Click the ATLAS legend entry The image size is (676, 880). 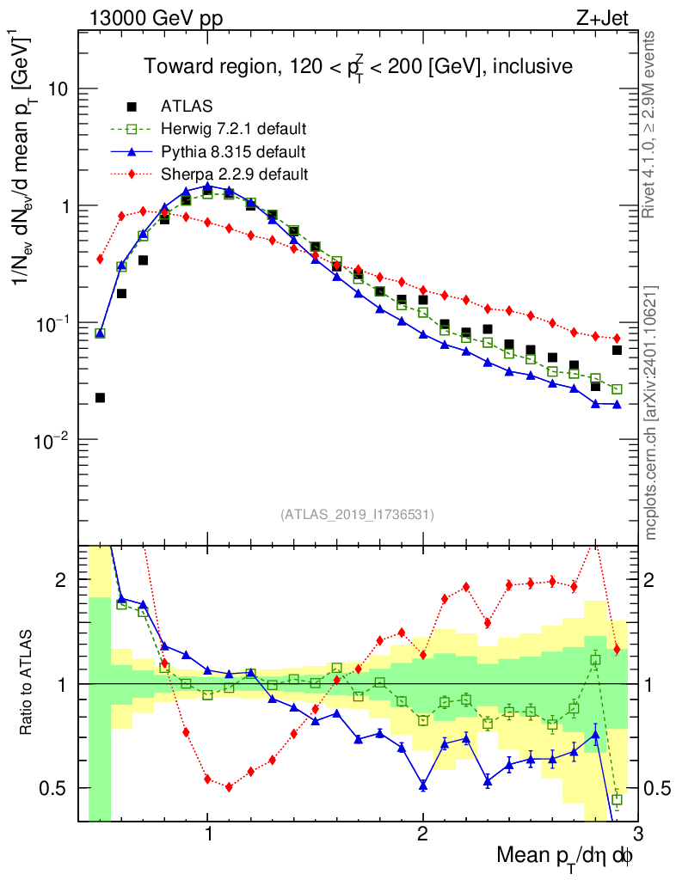click(181, 107)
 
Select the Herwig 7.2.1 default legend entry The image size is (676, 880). click(233, 129)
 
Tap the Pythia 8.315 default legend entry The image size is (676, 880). click(233, 152)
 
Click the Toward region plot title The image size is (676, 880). click(358, 66)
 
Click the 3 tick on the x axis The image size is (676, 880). click(637, 834)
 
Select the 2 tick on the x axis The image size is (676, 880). click(422, 834)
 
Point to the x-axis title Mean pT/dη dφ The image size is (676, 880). click(565, 856)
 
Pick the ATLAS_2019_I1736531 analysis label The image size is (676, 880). click(357, 515)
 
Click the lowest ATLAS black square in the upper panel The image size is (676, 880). click(100, 398)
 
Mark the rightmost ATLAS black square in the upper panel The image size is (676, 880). click(617, 350)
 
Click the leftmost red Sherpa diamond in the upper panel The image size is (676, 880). click(100, 259)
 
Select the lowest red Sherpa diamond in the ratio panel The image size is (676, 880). click(229, 786)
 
